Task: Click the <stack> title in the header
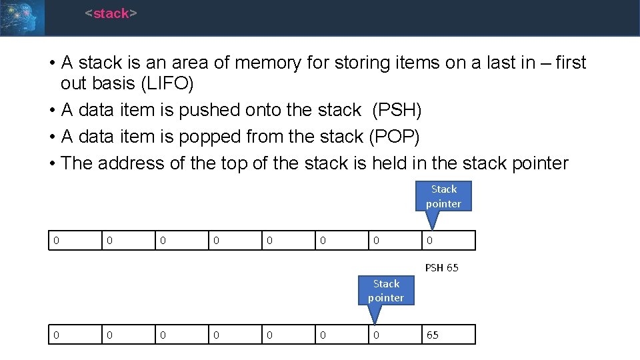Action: (x=111, y=13)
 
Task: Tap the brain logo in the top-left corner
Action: (x=22, y=17)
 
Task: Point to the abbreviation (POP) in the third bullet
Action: (x=394, y=136)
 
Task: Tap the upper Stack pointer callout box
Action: (x=443, y=196)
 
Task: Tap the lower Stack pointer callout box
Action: (x=386, y=291)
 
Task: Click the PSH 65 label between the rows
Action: (x=441, y=267)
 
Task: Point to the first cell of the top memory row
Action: (x=75, y=241)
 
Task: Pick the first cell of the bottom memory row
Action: (x=75, y=335)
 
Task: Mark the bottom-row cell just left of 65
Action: (x=395, y=335)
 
